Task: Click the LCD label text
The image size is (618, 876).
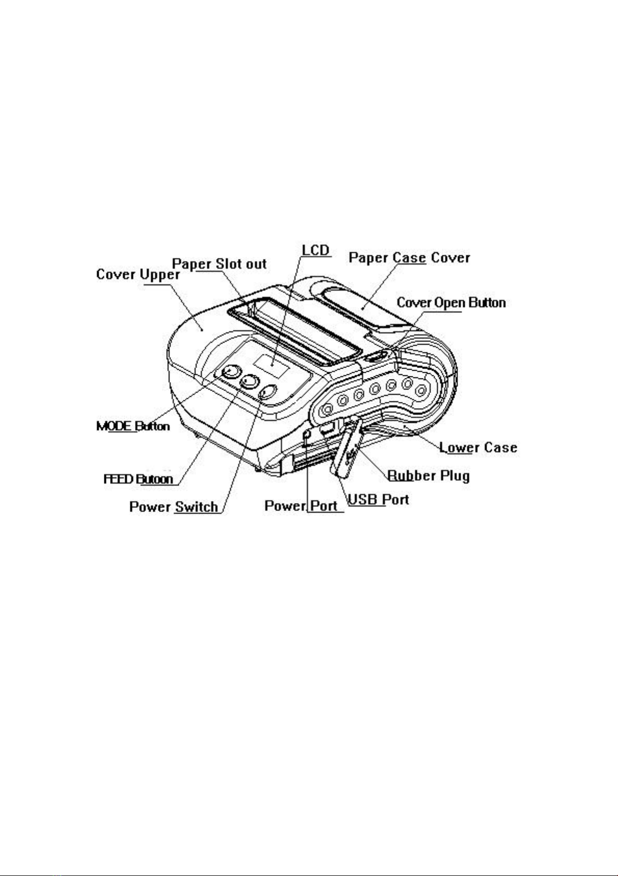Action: point(316,250)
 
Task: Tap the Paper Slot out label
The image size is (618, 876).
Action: point(219,264)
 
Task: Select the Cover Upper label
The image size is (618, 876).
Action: point(138,274)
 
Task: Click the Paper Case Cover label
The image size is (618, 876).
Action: point(409,258)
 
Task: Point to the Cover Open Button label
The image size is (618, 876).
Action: point(451,303)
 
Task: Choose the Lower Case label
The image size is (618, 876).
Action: point(478,448)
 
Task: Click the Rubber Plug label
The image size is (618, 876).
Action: point(429,475)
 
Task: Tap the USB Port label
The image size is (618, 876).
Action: point(378,500)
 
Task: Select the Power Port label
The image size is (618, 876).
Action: point(301,506)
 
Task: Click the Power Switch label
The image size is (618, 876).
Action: point(173,506)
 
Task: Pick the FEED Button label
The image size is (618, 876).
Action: point(138,479)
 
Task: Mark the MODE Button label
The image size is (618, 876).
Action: point(133,426)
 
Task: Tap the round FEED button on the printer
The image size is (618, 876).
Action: point(250,382)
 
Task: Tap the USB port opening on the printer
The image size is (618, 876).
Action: point(328,428)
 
